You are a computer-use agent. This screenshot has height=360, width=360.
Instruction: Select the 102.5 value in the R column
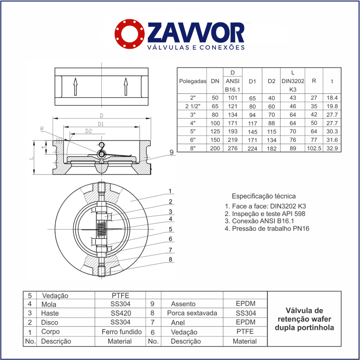point(314,148)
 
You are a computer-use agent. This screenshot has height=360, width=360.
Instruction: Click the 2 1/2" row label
point(193,106)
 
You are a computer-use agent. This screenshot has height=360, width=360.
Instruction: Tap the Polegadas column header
point(192,81)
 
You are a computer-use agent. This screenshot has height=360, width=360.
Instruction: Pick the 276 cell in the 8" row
point(233,148)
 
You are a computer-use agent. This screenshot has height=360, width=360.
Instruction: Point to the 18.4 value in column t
point(332,98)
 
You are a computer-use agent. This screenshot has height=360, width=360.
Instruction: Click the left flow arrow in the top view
point(75,86)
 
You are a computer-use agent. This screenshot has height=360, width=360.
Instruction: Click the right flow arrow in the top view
point(126,86)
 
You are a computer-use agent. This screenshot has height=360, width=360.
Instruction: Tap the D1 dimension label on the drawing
point(100,124)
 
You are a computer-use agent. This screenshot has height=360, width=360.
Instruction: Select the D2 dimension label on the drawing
point(88,131)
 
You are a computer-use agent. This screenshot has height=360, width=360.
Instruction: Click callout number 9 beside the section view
point(171,153)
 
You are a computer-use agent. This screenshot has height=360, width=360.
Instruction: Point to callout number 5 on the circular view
point(171,229)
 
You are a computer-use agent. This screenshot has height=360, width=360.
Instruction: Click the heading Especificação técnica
point(263,196)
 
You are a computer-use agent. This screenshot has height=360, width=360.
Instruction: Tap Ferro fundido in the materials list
point(121,332)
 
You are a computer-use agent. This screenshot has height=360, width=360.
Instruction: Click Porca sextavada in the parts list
point(192,313)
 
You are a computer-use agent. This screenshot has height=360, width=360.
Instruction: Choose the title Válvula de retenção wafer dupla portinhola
point(304,319)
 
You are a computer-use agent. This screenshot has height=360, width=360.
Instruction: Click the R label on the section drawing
point(42,129)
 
